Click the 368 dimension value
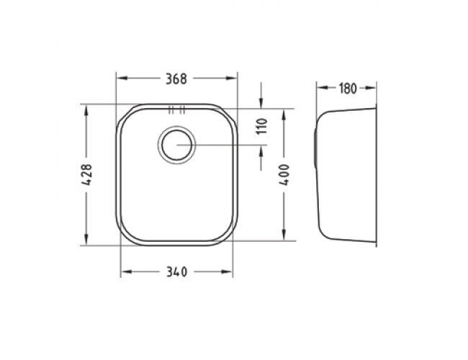click(x=176, y=78)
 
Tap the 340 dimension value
click(x=176, y=272)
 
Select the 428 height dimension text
click(x=86, y=175)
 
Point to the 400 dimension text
click(x=284, y=175)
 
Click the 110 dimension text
click(x=262, y=126)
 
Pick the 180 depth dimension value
click(x=348, y=89)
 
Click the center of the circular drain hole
click(x=176, y=145)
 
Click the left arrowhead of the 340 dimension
click(x=127, y=271)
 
